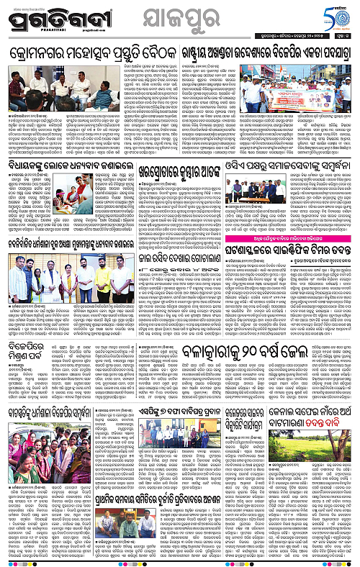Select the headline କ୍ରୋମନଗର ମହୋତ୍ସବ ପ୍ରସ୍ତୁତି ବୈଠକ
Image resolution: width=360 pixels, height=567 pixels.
coord(89,54)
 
